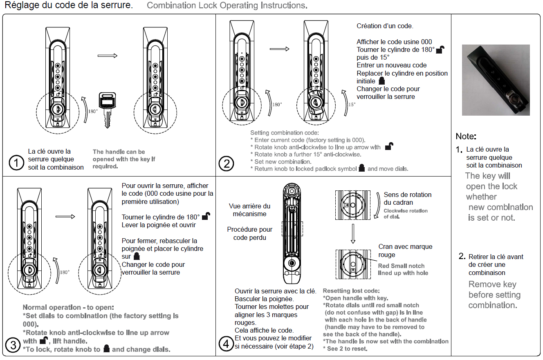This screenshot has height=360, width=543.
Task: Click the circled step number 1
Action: [x=16, y=163]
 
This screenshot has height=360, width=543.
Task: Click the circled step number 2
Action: [x=226, y=163]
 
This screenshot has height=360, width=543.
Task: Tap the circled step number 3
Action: [x=13, y=345]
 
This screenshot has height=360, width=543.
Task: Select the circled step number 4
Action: [x=226, y=344]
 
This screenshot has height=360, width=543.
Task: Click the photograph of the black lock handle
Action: [x=496, y=80]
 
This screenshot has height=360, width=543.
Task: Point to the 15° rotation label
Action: [x=352, y=105]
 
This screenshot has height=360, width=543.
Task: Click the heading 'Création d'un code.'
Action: [x=385, y=26]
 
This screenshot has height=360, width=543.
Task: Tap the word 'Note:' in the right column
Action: [x=466, y=136]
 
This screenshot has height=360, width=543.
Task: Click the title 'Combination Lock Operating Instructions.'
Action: [x=227, y=6]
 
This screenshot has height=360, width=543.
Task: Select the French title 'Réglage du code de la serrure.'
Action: [x=69, y=6]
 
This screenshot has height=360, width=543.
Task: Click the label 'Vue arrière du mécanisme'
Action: [x=249, y=210]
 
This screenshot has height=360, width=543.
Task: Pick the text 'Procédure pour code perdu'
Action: [x=249, y=233]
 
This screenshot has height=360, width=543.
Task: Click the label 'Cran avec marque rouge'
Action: [x=405, y=250]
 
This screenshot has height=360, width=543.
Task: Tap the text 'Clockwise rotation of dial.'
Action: [x=405, y=213]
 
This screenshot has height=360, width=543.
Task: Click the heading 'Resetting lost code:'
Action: [x=351, y=291]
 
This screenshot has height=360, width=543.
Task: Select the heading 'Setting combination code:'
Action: [x=284, y=132]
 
